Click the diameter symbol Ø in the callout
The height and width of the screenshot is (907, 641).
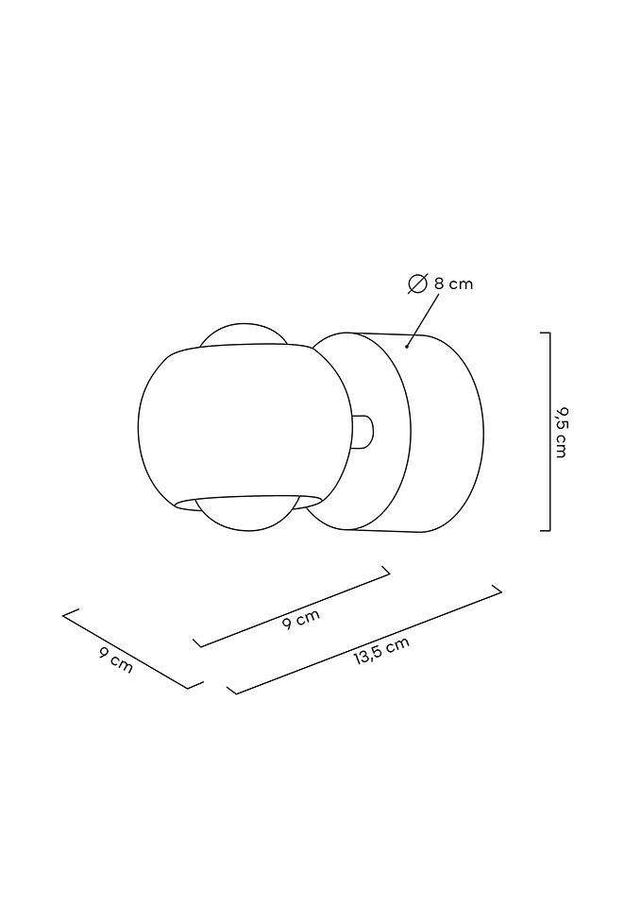(x=418, y=283)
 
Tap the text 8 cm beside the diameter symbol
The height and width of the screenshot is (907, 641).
(x=453, y=283)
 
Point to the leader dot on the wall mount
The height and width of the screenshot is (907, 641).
(x=407, y=347)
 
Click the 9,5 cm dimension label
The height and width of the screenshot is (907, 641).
(x=561, y=432)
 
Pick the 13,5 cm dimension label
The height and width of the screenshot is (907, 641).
(x=381, y=652)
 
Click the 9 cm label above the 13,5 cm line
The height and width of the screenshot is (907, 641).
(x=301, y=620)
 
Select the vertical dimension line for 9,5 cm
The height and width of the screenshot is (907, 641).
(x=549, y=432)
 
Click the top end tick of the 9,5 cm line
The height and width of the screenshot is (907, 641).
(x=545, y=333)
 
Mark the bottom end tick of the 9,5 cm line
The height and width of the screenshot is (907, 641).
(x=545, y=531)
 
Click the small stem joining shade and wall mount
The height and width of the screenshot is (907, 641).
(x=363, y=432)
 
